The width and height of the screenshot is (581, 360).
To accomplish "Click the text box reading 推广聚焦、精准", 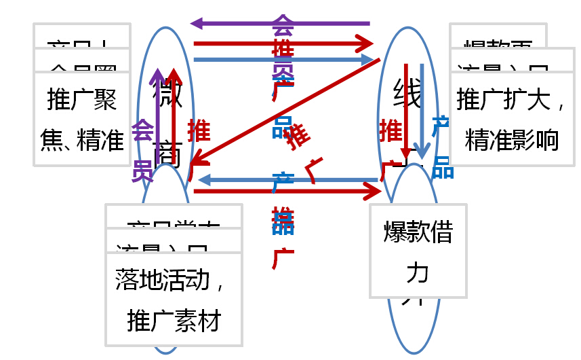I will [x=81, y=119].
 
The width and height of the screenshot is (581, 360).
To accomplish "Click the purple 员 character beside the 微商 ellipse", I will [x=142, y=171].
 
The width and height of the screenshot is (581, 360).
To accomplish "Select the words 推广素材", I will [x=174, y=321].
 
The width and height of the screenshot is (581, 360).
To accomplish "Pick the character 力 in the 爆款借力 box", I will [x=418, y=272].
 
